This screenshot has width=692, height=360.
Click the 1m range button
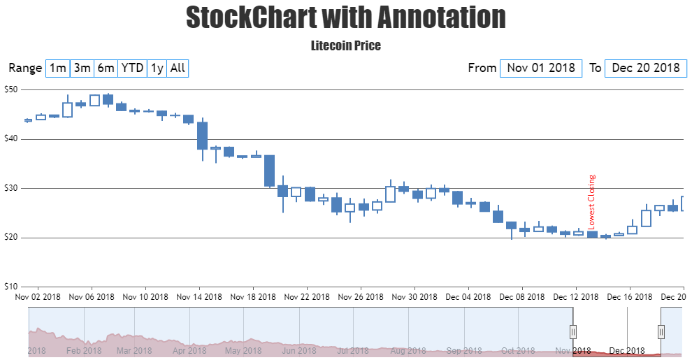click(x=58, y=68)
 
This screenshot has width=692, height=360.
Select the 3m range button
click(x=82, y=68)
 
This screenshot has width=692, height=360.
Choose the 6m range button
click(x=106, y=68)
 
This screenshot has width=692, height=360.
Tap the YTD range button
click(x=132, y=68)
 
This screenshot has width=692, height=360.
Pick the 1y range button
click(x=157, y=68)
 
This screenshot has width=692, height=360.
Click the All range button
click(x=178, y=68)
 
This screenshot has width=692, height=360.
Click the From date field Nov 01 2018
click(x=541, y=68)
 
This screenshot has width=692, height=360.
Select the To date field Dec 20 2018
click(x=645, y=68)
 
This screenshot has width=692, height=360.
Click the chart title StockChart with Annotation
click(x=346, y=17)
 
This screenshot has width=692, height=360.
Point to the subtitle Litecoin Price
click(x=346, y=45)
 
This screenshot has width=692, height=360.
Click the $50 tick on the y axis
click(x=10, y=89)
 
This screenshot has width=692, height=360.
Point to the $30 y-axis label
click(x=10, y=188)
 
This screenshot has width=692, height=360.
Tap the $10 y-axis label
click(x=10, y=287)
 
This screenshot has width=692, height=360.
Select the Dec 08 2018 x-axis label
click(x=521, y=296)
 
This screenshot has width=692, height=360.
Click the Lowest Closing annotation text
click(x=592, y=202)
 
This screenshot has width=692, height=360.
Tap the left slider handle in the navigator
click(x=573, y=331)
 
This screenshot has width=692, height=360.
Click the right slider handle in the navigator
click(x=661, y=331)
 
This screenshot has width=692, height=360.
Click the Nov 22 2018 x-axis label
click(x=306, y=296)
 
